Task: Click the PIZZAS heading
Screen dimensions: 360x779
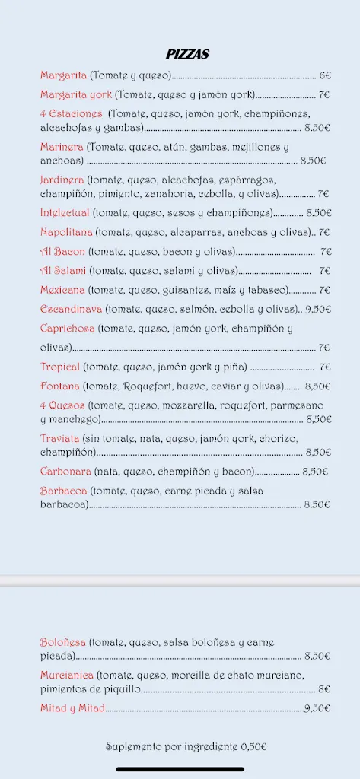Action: pos(187,54)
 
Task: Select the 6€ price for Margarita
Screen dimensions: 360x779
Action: pos(325,75)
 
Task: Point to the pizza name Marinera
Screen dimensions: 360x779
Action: pos(62,147)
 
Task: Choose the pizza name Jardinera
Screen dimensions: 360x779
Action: pos(62,180)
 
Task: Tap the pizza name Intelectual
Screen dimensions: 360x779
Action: pos(65,213)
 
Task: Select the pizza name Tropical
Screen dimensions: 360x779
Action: pos(60,367)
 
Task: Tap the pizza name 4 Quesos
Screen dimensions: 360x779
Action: pos(62,405)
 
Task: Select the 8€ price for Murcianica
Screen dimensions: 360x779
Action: pos(324,689)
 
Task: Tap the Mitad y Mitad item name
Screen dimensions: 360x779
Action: pos(72,708)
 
